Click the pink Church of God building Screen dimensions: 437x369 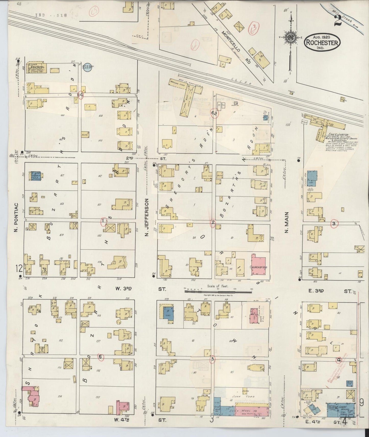point(258,266)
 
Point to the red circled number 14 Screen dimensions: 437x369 point(81,95)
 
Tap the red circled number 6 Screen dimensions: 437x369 point(100,357)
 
